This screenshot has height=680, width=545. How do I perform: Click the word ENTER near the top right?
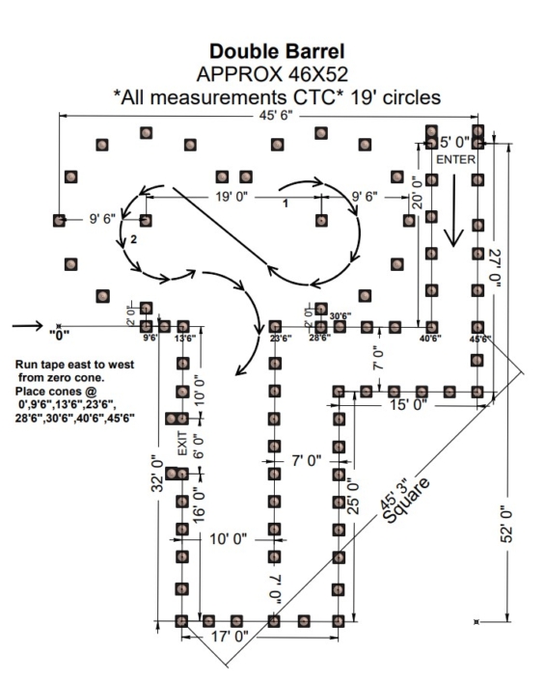pos(455,159)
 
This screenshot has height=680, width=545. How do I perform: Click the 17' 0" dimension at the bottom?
pos(230,636)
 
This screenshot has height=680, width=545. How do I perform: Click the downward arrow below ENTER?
pos(453,224)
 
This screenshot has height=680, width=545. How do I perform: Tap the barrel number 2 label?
pos(134,238)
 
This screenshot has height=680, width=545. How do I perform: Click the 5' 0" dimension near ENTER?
pos(459,142)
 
